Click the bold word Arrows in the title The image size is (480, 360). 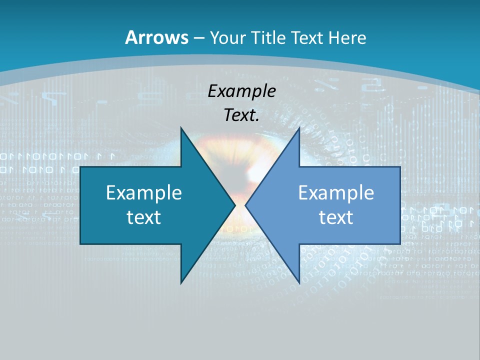[x=157, y=38]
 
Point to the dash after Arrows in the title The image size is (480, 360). [x=198, y=38]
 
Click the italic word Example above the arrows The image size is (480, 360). [x=241, y=91]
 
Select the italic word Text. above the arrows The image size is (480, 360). [x=240, y=115]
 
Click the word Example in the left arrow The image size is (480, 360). [x=144, y=193]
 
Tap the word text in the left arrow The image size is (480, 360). [x=144, y=217]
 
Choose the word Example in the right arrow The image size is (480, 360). [x=336, y=193]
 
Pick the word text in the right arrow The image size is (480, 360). [x=336, y=217]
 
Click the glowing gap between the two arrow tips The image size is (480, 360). [x=240, y=205]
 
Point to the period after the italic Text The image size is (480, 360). [x=257, y=120]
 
